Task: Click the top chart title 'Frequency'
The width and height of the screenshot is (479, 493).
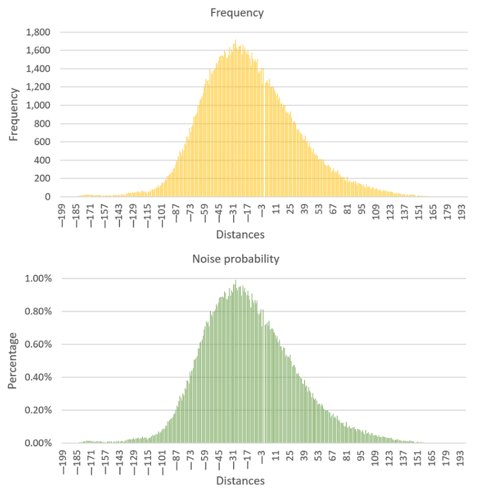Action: tap(237, 13)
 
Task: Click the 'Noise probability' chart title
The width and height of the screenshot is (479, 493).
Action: tap(236, 259)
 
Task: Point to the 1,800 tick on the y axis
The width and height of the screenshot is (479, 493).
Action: tap(38, 32)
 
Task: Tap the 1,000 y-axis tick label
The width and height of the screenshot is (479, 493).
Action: tap(38, 105)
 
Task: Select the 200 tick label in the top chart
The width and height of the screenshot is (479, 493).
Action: tap(42, 178)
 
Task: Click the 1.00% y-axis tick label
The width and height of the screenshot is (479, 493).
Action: tap(38, 279)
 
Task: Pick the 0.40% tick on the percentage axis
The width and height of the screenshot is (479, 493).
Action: tap(38, 377)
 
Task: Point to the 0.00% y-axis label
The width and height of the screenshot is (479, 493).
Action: tap(38, 443)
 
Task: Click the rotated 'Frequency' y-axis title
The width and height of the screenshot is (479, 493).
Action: tap(14, 115)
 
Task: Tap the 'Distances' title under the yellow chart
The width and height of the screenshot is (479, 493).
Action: tap(240, 235)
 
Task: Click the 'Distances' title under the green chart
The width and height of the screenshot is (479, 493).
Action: tap(240, 481)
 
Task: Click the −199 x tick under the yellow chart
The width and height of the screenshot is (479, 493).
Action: tap(62, 215)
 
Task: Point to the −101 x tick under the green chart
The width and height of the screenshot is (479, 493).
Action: tap(163, 462)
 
